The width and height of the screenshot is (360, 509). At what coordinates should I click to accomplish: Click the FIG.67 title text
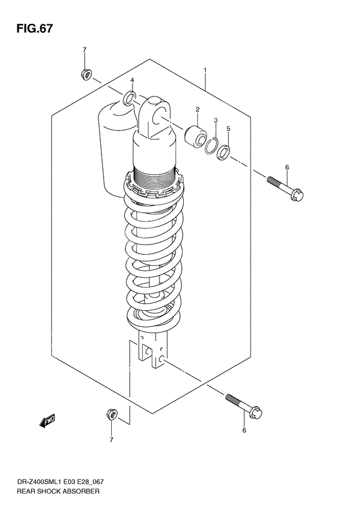(x=30, y=30)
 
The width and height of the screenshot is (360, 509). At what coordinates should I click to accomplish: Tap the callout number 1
(x=205, y=69)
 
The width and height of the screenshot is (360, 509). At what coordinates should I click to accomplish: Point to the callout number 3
(x=217, y=120)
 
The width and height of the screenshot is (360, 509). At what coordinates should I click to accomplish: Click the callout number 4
(x=131, y=80)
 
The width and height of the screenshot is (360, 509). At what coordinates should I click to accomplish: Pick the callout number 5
(x=228, y=129)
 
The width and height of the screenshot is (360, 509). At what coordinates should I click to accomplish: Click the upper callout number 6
(x=287, y=167)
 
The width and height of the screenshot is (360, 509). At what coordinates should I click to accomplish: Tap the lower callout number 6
(x=244, y=430)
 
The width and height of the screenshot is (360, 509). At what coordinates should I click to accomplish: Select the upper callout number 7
(x=84, y=50)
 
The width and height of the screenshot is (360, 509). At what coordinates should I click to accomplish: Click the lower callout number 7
(x=111, y=440)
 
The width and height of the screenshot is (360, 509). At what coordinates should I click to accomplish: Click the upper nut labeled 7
(x=85, y=74)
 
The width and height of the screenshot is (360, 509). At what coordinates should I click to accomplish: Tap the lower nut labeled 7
(x=111, y=414)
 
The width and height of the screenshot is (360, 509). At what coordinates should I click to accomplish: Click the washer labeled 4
(x=129, y=98)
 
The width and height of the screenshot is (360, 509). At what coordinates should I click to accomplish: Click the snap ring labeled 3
(x=213, y=147)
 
